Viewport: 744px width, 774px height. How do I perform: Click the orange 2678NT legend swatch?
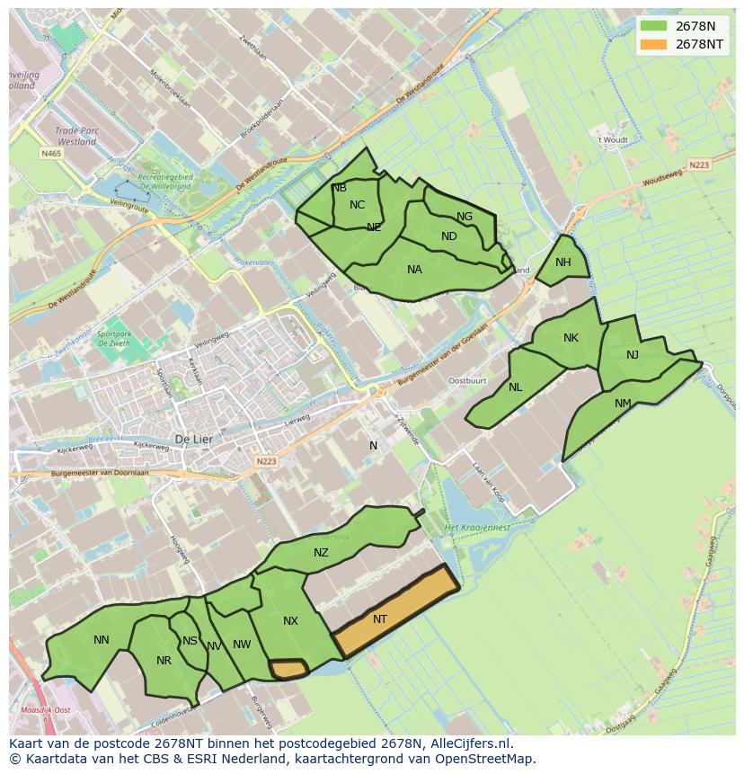click(654, 44)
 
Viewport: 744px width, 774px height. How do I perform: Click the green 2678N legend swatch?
click(654, 25)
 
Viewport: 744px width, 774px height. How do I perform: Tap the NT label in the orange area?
click(380, 619)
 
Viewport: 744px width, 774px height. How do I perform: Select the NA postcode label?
click(414, 270)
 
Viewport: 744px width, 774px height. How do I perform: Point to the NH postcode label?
click(563, 262)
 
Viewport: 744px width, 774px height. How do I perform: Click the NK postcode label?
click(571, 338)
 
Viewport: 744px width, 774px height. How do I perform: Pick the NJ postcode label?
click(633, 355)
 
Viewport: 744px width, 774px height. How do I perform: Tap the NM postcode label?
click(623, 404)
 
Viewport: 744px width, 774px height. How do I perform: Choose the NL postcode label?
click(515, 387)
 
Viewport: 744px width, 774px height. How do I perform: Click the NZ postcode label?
click(321, 553)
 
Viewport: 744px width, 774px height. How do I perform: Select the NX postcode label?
click(290, 621)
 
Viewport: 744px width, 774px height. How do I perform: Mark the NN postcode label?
click(102, 640)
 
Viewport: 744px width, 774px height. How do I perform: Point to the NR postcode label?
click(164, 661)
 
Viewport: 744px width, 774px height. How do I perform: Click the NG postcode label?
click(465, 217)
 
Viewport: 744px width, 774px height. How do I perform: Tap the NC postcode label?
click(357, 205)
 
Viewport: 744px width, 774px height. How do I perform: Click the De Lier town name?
click(192, 440)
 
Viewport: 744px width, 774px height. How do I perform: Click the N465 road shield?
click(51, 154)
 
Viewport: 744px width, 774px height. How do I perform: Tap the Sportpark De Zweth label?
click(114, 338)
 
